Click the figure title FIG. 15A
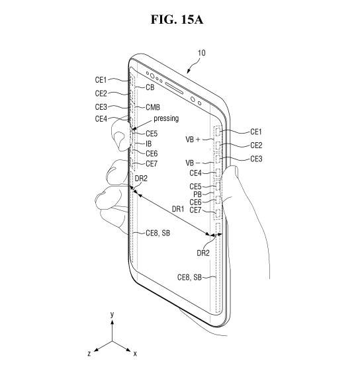coord(177,19)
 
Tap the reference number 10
coord(202,53)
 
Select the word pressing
coord(166,118)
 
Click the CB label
coord(150,87)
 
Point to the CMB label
coord(153,107)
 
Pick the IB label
coord(148,144)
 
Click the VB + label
coord(193,140)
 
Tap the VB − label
coord(193,163)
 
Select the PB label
coord(197,194)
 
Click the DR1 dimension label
coord(178,209)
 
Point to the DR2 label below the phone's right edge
coord(203,253)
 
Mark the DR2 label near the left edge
coord(141,179)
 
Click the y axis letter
coord(112,314)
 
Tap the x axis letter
coord(135,354)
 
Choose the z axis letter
coord(89,354)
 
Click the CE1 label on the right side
coord(256,132)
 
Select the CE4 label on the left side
coord(101,119)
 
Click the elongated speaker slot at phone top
coord(174,88)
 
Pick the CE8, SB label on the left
coord(157,233)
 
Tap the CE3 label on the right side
coord(256,159)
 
